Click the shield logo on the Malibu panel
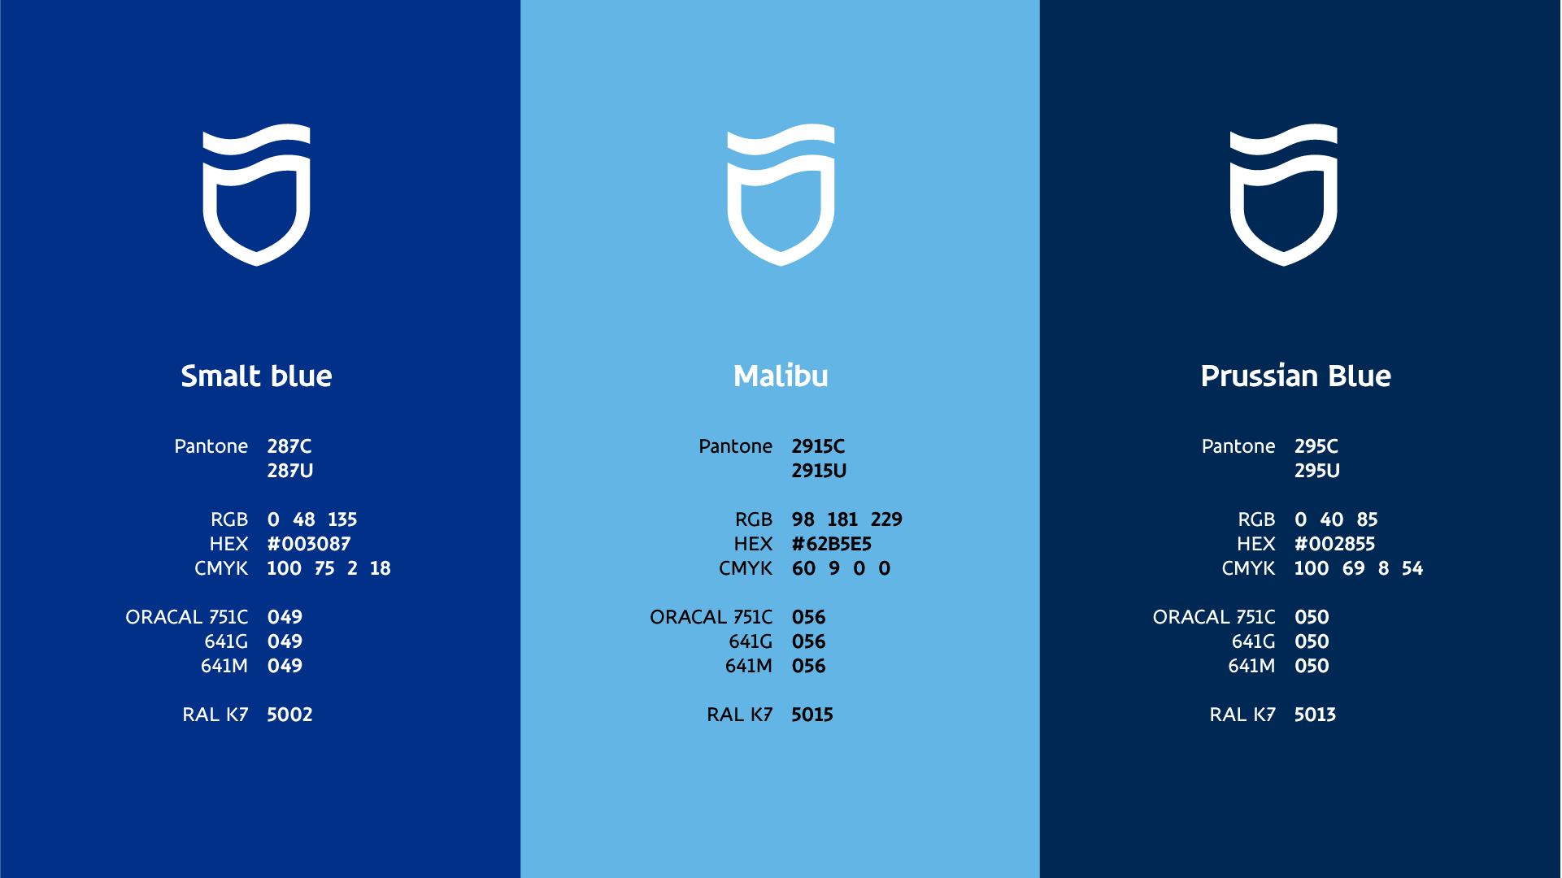(781, 195)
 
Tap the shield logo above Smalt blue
(256, 195)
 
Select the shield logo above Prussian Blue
(1283, 195)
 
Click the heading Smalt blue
(256, 376)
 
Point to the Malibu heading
(781, 376)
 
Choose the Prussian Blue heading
(1295, 376)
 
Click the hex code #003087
(309, 544)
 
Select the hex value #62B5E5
(831, 544)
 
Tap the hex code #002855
(1334, 544)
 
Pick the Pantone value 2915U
(819, 471)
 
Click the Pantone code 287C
(289, 446)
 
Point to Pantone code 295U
(1317, 471)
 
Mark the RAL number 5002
(289, 715)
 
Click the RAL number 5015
(812, 715)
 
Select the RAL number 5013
(1315, 715)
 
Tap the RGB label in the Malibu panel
(753, 519)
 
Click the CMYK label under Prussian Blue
(1248, 568)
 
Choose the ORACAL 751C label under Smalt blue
(186, 617)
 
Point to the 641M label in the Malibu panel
(748, 666)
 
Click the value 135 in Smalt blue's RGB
(342, 519)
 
